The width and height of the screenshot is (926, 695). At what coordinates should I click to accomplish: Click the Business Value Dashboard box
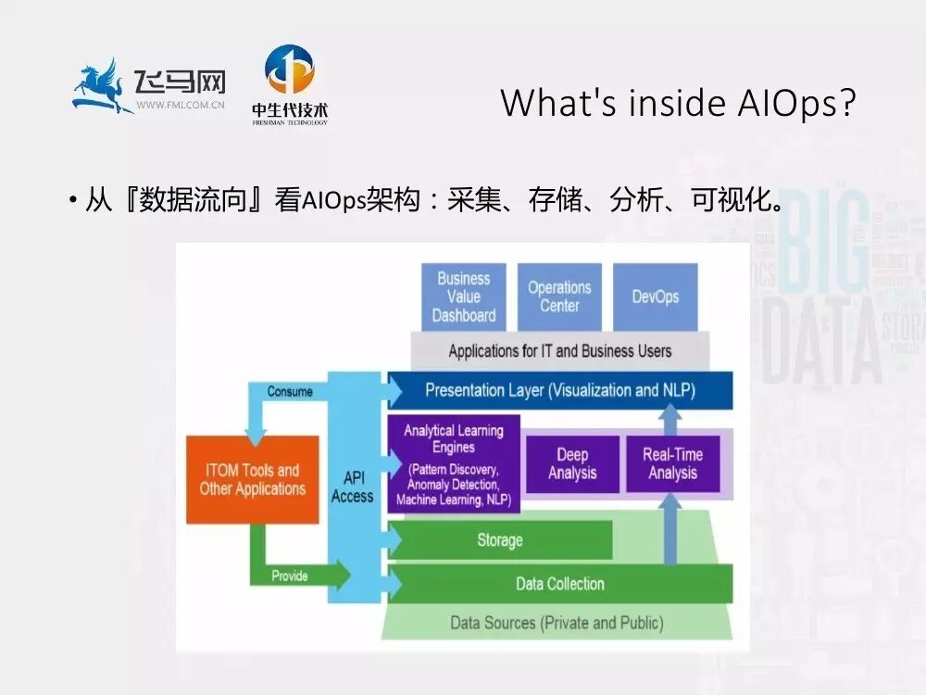(x=464, y=297)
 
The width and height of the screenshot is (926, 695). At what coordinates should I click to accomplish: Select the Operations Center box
(x=559, y=297)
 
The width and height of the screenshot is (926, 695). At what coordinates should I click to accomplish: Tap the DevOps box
(x=656, y=297)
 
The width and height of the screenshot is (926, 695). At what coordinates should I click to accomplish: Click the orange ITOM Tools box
(x=252, y=479)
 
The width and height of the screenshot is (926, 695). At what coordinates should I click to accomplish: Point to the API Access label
(x=352, y=486)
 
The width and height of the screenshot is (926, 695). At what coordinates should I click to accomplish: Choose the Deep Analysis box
(x=572, y=464)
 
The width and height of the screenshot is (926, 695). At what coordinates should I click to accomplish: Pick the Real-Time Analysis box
(x=672, y=464)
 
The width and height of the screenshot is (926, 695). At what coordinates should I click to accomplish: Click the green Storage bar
(x=500, y=540)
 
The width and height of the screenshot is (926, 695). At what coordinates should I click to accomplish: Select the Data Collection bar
(x=560, y=584)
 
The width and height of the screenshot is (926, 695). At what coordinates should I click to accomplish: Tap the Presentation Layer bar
(x=560, y=390)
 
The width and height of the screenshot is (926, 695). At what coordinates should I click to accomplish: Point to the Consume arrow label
(x=290, y=391)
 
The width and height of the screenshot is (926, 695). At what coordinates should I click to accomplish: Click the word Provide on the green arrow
(x=289, y=575)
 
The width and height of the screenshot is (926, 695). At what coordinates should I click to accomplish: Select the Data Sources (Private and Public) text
(x=557, y=622)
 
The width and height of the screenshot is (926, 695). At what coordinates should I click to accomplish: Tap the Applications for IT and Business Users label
(x=560, y=351)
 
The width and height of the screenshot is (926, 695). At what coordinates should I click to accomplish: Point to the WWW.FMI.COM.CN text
(x=181, y=106)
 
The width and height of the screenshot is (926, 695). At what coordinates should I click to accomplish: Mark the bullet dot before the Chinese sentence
(x=72, y=201)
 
